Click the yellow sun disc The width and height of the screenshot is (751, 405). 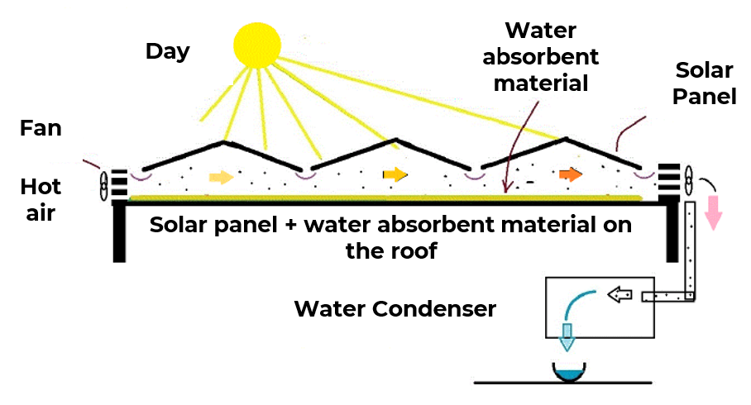[257, 45]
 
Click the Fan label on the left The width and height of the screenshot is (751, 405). [41, 128]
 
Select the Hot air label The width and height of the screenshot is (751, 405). [41, 200]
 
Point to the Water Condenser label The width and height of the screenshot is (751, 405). [395, 309]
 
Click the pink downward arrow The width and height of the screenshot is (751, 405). [713, 212]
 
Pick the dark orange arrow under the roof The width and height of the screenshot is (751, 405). [571, 174]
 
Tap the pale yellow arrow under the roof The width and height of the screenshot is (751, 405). [222, 177]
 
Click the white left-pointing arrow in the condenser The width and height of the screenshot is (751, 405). [619, 294]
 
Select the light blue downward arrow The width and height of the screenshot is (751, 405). [567, 337]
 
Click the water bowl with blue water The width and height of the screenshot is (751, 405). [569, 373]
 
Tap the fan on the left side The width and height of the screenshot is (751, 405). [104, 186]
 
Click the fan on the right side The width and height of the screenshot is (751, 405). [688, 180]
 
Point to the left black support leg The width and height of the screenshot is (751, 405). [119, 232]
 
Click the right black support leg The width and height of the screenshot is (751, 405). [672, 232]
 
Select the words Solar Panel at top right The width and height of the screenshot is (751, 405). [704, 83]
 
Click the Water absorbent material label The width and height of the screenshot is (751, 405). [540, 57]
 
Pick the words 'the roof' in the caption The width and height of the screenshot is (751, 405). [391, 250]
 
